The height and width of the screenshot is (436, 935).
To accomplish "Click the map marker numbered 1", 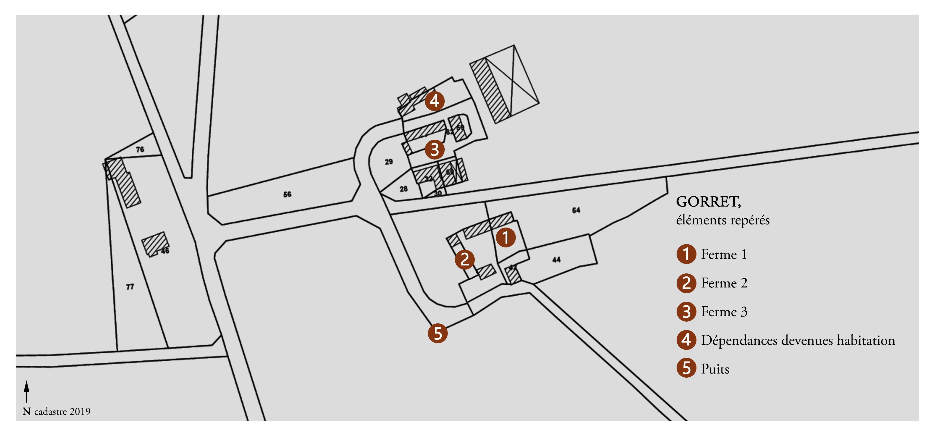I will (506, 237).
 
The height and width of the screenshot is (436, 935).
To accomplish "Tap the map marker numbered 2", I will (465, 259).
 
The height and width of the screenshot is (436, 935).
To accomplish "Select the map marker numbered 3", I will (434, 149).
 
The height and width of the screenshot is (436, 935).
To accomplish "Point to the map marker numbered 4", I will (434, 101).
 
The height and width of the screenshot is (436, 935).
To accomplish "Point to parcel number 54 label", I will (576, 210).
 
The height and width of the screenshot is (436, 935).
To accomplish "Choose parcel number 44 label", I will (556, 260).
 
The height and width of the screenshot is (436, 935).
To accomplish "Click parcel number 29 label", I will (389, 162).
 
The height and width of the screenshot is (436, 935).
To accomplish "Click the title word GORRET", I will (708, 202).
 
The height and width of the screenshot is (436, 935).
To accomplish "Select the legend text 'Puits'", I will (715, 369).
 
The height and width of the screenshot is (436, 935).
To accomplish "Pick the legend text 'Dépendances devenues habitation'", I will (798, 340).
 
